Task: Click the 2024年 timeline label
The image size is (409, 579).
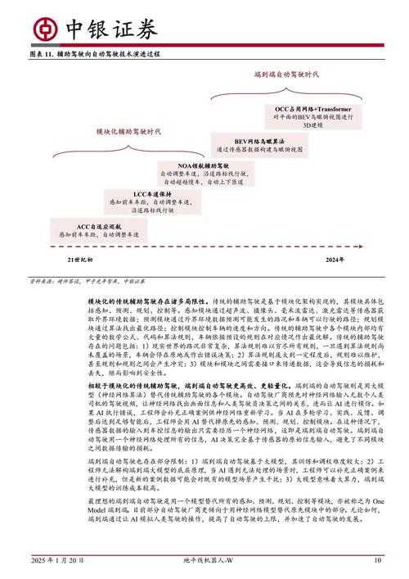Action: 334,259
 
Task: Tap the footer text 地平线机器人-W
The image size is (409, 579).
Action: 205,560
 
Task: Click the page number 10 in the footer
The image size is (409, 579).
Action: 377,560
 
